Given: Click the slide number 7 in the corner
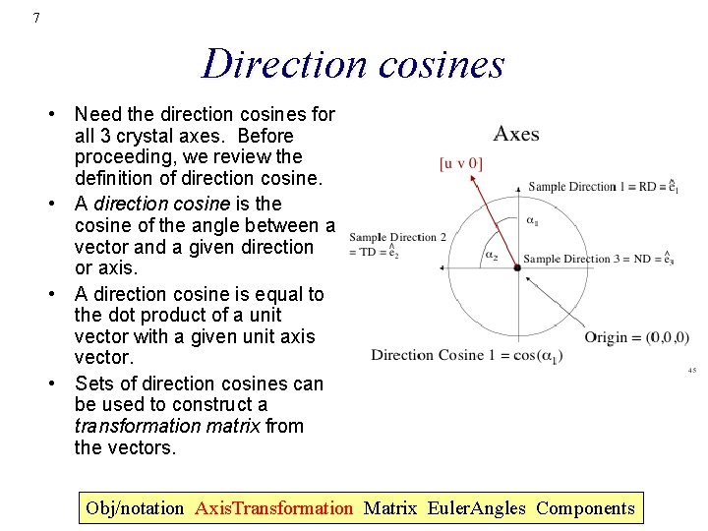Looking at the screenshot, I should tap(36, 18).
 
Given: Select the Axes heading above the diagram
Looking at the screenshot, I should tap(516, 134).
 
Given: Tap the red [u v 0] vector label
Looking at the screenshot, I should tap(461, 163).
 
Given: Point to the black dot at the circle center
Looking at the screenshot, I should tap(516, 266).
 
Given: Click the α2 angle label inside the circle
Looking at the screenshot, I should tap(491, 255).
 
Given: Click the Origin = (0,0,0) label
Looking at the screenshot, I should tap(636, 337).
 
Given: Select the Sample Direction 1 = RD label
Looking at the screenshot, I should tap(603, 186).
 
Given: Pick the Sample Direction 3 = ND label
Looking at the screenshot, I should tap(598, 260).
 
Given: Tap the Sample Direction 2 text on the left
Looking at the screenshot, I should tap(397, 237).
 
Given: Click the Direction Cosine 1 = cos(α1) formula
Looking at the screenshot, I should tap(465, 355).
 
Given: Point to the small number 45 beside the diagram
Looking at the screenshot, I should tap(691, 371).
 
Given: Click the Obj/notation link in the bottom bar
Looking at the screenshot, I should tap(135, 508).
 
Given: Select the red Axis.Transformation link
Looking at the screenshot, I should tap(273, 508).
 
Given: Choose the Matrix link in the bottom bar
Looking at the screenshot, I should tap(389, 508).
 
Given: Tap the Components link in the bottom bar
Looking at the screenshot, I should tap(586, 508).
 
